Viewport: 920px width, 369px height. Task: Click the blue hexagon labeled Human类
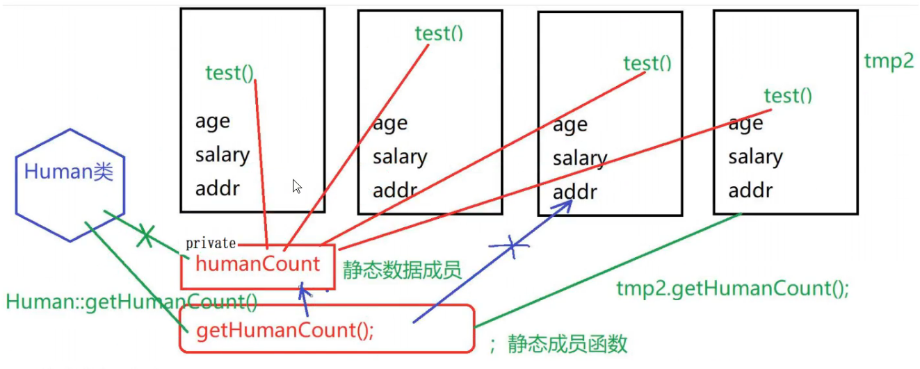click(70, 184)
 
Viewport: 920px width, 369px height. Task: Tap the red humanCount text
click(257, 264)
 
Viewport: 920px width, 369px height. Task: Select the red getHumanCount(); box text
click(285, 331)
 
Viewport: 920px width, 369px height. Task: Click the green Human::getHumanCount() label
click(131, 302)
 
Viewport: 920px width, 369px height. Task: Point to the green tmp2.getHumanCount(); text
click(732, 288)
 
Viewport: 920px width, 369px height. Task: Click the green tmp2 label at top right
click(888, 61)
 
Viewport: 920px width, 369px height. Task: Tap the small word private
click(210, 244)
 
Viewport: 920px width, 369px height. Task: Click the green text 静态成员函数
click(567, 343)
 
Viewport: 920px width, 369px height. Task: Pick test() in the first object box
click(230, 72)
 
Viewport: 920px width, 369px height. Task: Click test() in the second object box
click(439, 33)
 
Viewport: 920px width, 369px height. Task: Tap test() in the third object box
click(647, 63)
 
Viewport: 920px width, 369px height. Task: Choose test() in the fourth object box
click(788, 95)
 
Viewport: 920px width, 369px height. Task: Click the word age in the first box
click(212, 121)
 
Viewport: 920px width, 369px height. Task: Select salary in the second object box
click(399, 157)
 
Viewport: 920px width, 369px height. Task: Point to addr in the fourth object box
click(750, 190)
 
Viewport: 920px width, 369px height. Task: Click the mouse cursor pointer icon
click(298, 186)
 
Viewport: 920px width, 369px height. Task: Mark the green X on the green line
click(145, 236)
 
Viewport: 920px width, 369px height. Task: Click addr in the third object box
click(574, 192)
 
